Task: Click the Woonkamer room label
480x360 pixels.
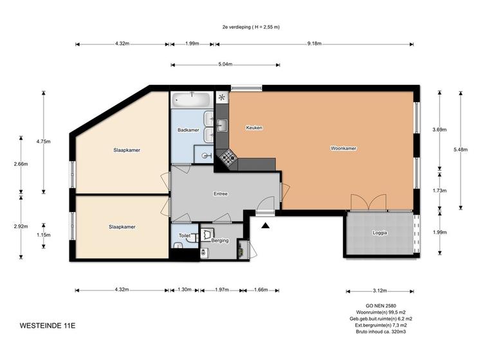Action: pos(344,148)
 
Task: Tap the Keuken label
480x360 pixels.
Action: pos(254,127)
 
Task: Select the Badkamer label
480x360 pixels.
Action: pos(189,130)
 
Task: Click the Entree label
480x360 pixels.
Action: pos(221,194)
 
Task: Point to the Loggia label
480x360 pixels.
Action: pos(380,233)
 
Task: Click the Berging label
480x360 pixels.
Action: pos(220,240)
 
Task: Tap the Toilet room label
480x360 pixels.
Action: pos(185,235)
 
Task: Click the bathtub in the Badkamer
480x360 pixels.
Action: pos(191,100)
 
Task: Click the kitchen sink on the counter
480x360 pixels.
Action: pos(222,125)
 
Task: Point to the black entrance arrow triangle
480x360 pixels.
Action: pos(265,226)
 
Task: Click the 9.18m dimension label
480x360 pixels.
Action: pos(315,44)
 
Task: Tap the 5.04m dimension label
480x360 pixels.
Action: pos(225,64)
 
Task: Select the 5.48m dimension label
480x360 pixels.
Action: pos(461,150)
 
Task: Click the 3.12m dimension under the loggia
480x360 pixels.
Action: pos(380,291)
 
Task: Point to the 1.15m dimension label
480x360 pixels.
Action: pos(44,235)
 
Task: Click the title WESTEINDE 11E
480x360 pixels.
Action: pos(48,325)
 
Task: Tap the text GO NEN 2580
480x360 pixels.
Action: pos(381,306)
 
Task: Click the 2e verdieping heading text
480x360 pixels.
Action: pos(251,27)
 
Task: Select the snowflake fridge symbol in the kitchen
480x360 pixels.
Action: pos(222,98)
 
